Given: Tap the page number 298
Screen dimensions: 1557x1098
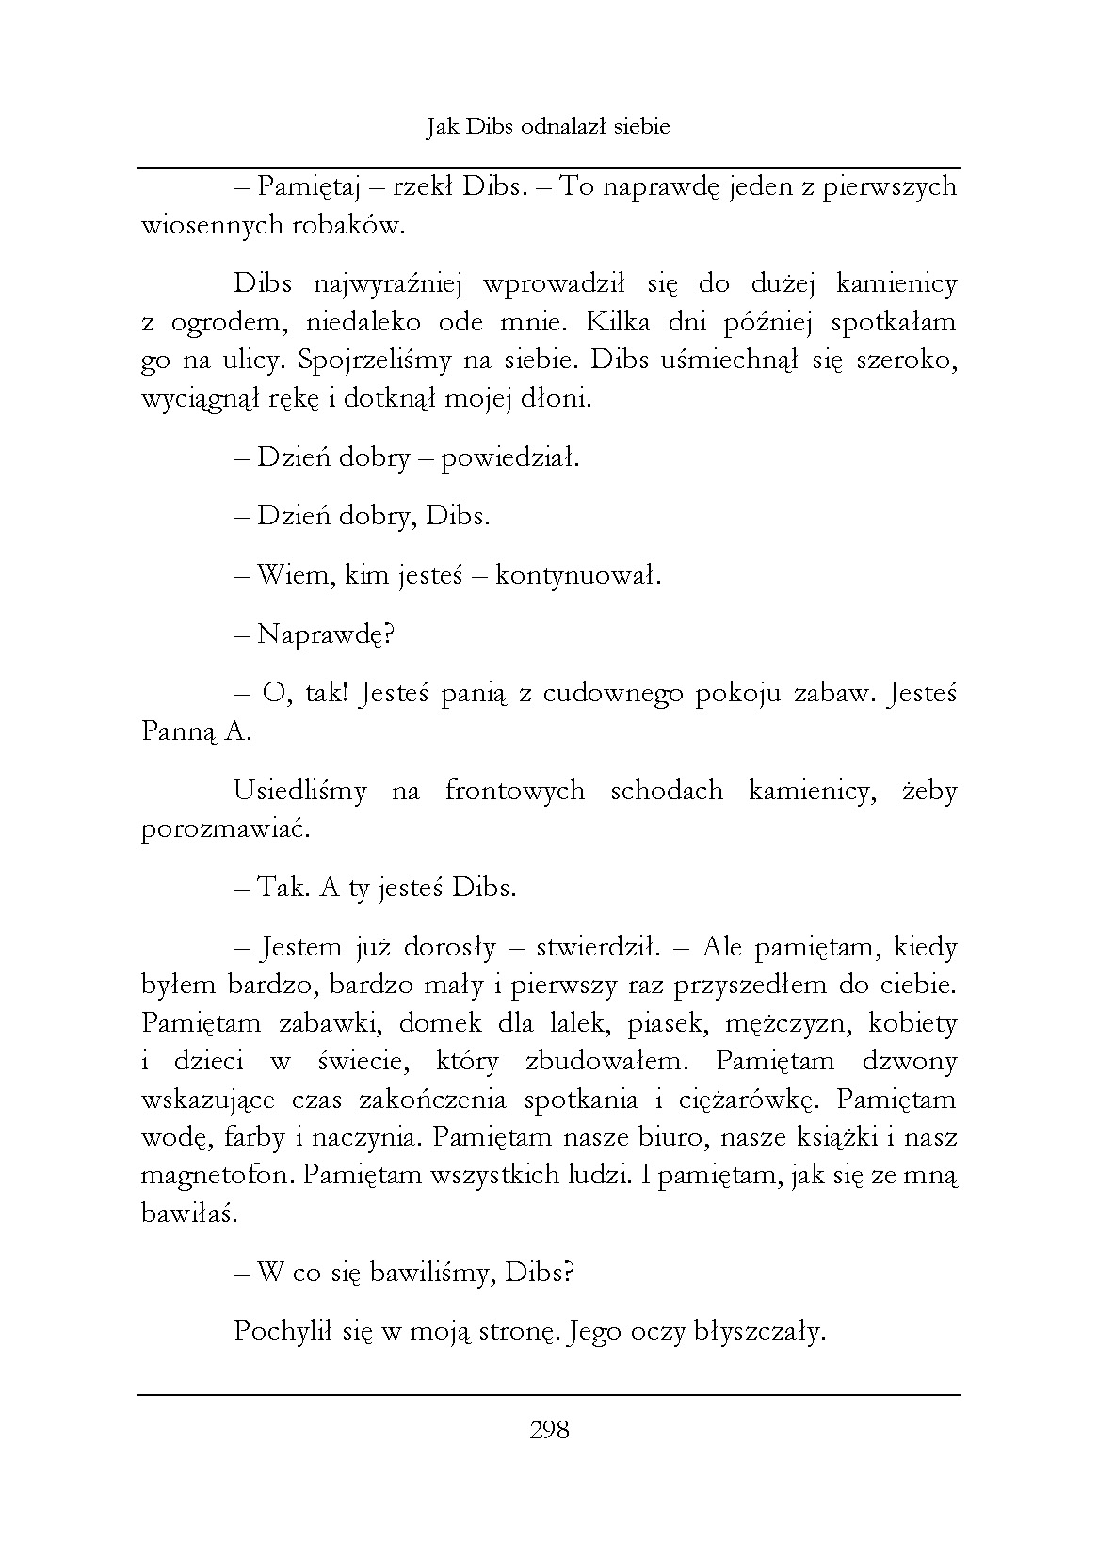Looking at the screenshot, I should (x=549, y=1431).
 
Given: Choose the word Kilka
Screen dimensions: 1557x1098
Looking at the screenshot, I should (x=622, y=323).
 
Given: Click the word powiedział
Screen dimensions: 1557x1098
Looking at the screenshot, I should (x=509, y=458).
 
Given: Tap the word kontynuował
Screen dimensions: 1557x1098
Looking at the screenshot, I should (x=578, y=575).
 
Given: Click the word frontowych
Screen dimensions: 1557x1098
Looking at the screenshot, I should (x=514, y=791).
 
